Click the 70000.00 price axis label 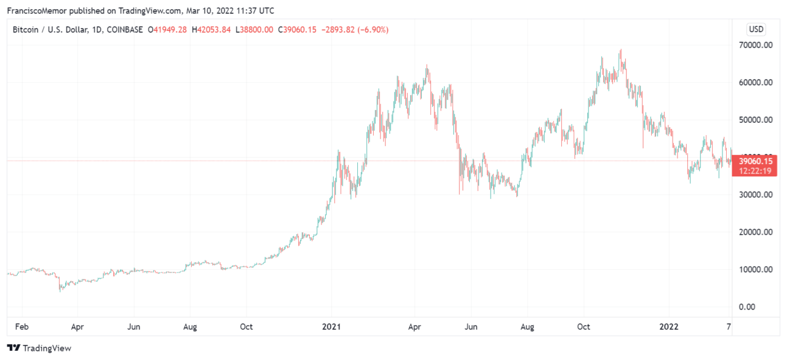click(x=755, y=45)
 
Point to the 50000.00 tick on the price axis click(x=755, y=120)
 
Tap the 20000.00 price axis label click(x=755, y=232)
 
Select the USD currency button click(x=756, y=29)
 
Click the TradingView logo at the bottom click(x=39, y=348)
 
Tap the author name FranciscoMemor click(x=36, y=10)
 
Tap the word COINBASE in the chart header click(x=125, y=29)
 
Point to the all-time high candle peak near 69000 click(x=621, y=50)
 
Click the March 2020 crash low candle click(x=60, y=291)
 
